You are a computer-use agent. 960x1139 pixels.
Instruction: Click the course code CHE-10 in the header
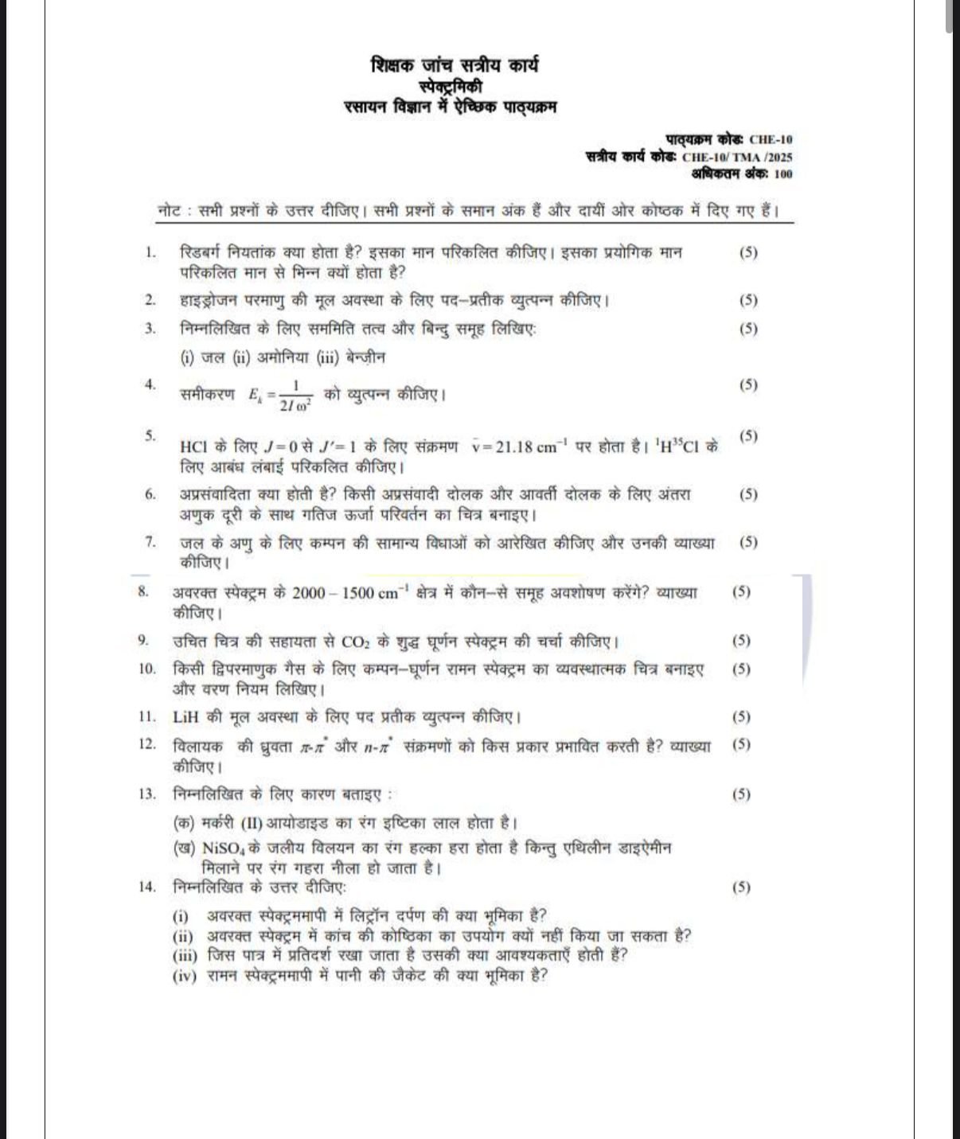[771, 140]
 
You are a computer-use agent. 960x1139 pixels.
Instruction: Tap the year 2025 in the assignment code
[779, 158]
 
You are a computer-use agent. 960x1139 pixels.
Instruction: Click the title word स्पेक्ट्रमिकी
[451, 86]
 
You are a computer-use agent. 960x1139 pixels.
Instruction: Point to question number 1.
[150, 253]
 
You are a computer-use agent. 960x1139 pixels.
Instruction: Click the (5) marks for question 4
[748, 385]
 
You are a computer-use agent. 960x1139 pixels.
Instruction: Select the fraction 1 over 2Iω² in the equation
[295, 395]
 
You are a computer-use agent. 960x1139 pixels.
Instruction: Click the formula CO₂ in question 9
[354, 642]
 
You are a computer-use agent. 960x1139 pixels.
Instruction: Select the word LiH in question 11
[185, 717]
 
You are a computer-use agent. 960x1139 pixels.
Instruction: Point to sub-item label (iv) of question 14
[184, 977]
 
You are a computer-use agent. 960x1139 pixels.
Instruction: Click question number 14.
[147, 887]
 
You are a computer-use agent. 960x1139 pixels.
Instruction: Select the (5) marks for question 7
[748, 543]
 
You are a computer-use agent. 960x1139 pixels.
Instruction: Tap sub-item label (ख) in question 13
[185, 848]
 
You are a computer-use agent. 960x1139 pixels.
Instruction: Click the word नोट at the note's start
[170, 212]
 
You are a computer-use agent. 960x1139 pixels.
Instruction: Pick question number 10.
[147, 669]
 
